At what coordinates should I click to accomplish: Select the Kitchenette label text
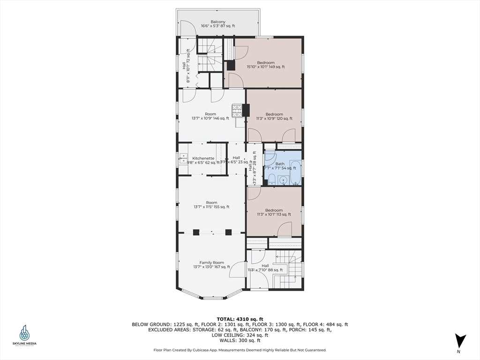click(x=203, y=158)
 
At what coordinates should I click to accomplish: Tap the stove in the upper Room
click(x=237, y=110)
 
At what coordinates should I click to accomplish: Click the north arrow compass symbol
click(x=461, y=341)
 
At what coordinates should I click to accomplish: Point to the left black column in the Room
click(x=196, y=232)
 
